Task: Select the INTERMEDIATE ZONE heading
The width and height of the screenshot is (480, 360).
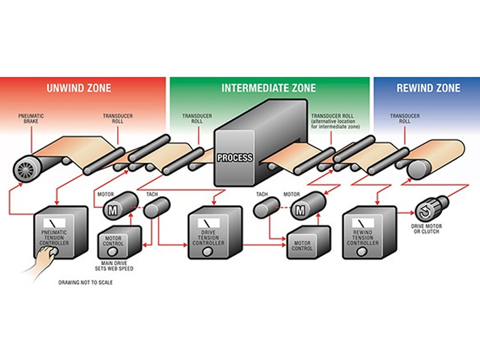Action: click(x=269, y=88)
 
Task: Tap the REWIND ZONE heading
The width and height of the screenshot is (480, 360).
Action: click(x=428, y=88)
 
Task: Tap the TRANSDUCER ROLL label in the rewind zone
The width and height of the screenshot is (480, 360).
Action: click(x=400, y=118)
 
